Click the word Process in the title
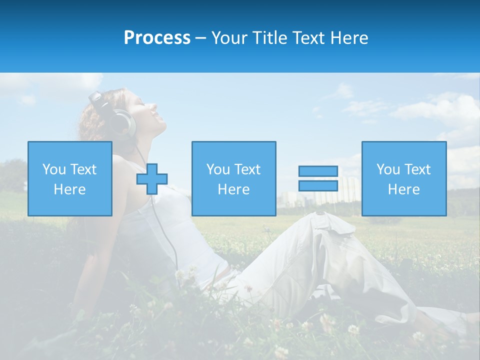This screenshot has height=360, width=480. (x=157, y=38)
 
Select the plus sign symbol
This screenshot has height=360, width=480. (x=152, y=178)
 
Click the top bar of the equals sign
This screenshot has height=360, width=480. (x=318, y=171)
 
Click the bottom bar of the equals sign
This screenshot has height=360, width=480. (x=318, y=185)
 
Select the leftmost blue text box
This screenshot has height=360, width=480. (x=70, y=178)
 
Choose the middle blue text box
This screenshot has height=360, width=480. (x=233, y=178)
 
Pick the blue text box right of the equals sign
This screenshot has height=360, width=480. (x=404, y=178)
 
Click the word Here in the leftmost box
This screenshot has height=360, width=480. (x=70, y=189)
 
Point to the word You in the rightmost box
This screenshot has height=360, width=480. (x=388, y=169)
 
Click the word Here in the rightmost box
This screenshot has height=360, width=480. (x=404, y=189)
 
